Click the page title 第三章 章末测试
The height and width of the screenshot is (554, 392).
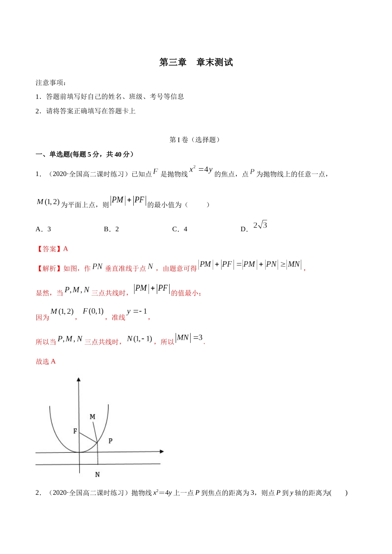(x=196, y=62)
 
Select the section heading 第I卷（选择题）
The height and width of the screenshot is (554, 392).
(x=194, y=140)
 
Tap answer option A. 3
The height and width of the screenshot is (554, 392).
(x=44, y=229)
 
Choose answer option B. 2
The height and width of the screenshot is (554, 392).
(x=111, y=229)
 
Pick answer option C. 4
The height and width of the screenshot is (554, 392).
(x=180, y=229)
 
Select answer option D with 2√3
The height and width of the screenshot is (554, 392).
(x=254, y=227)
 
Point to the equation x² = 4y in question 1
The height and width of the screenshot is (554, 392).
(x=201, y=169)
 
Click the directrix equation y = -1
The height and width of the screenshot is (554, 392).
(x=137, y=312)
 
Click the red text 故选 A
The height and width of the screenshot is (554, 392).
(x=46, y=362)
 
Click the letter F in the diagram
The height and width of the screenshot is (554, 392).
(x=75, y=431)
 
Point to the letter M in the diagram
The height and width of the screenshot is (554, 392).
(x=92, y=417)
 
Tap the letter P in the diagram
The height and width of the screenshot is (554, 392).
(x=110, y=441)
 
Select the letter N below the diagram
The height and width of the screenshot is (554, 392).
(x=97, y=474)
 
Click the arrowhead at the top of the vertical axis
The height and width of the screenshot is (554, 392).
(x=78, y=380)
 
